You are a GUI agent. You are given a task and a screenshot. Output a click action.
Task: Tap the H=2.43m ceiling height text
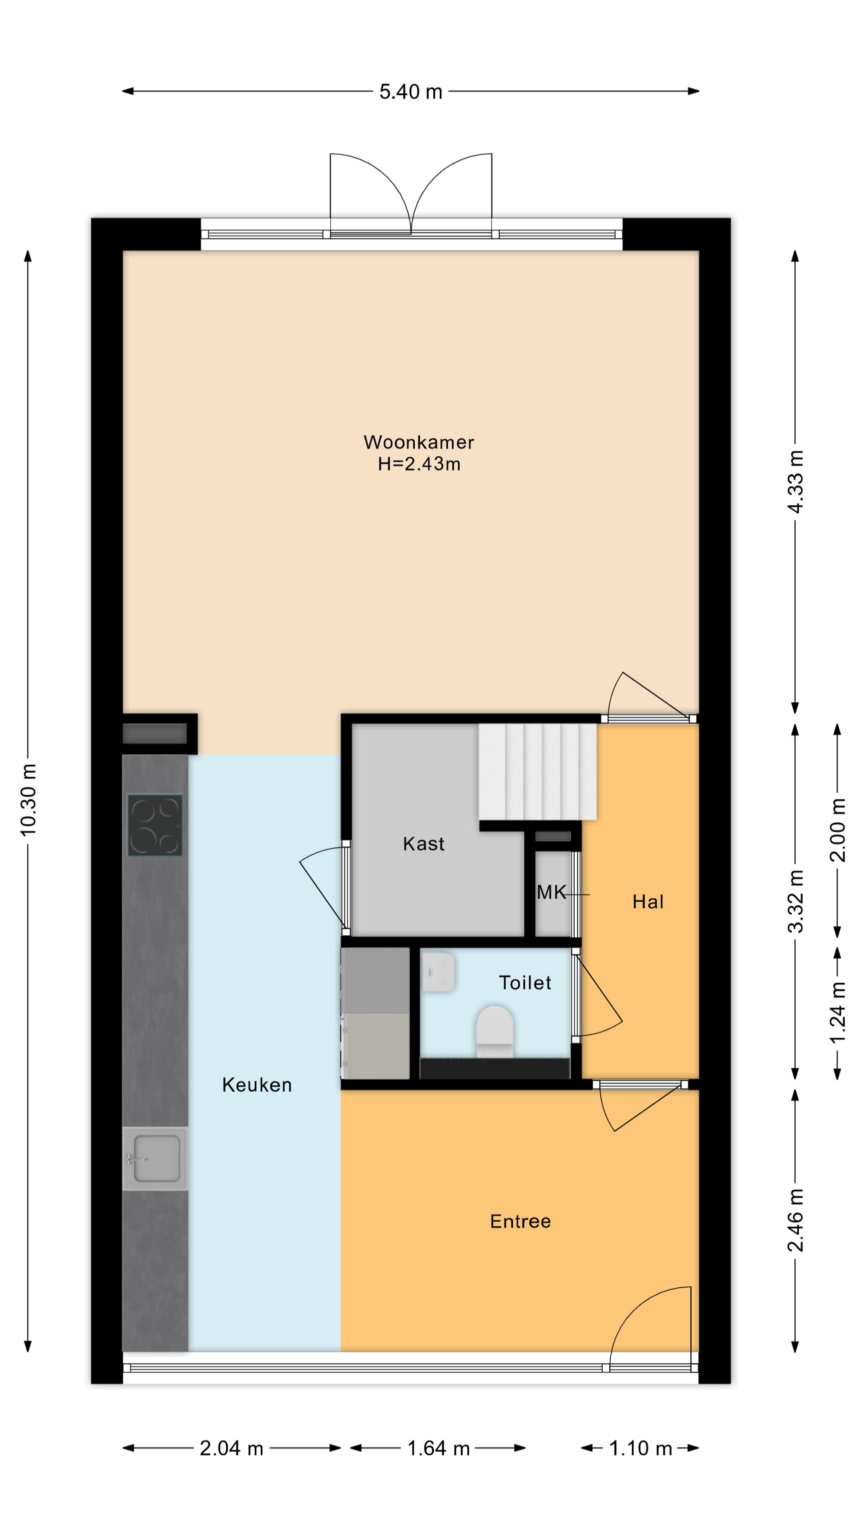(419, 464)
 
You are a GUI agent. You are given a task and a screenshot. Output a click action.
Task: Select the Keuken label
(257, 1085)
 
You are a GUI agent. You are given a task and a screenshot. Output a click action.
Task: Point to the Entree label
(520, 1221)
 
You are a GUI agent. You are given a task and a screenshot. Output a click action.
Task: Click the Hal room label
(648, 901)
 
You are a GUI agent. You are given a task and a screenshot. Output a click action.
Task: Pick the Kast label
(423, 844)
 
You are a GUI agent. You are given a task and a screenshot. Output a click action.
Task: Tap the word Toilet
(525, 983)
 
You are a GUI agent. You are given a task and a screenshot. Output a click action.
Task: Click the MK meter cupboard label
(551, 893)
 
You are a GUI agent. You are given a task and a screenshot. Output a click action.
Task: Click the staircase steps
(537, 772)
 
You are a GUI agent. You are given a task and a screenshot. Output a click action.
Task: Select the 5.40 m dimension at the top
(411, 91)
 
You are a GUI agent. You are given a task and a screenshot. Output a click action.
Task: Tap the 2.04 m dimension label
(231, 1448)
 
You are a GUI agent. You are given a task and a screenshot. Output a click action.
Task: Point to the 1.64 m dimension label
(438, 1448)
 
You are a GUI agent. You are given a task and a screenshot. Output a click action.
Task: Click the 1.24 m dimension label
(837, 1013)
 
